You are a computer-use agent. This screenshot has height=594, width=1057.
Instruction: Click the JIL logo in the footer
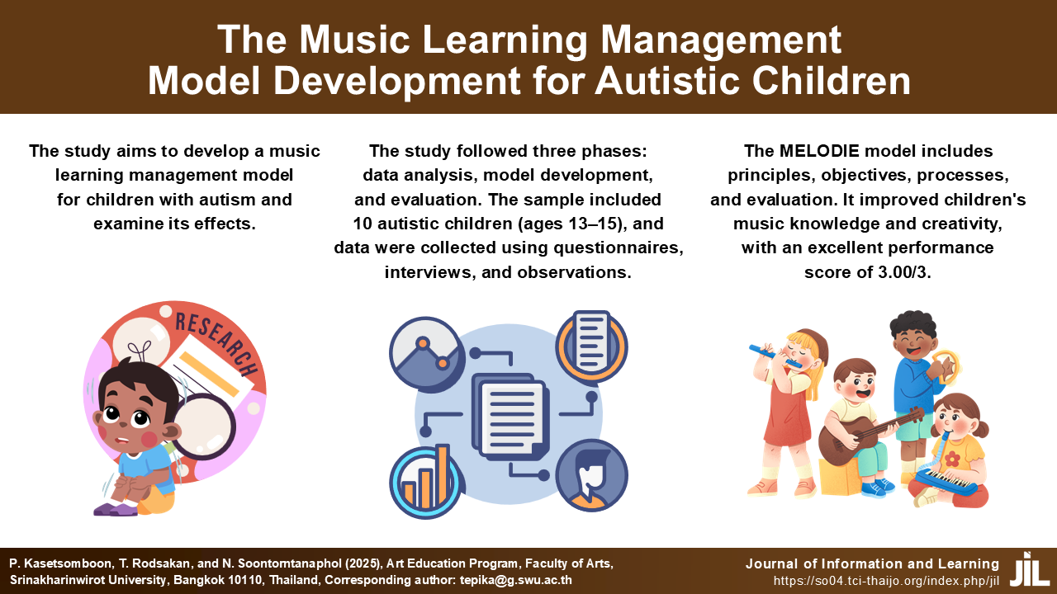[x=1029, y=569]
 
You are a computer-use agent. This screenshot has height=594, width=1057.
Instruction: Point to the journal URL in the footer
[x=886, y=581]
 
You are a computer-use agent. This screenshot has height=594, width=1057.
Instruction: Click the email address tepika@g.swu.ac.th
[x=516, y=580]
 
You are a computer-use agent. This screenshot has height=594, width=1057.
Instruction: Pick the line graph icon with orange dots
[x=427, y=355]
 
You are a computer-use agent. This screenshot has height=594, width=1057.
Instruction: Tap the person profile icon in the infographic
[x=591, y=475]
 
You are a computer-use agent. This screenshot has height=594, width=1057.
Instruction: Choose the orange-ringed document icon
[x=591, y=347]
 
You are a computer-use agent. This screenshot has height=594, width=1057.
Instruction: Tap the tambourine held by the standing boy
[x=946, y=366]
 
